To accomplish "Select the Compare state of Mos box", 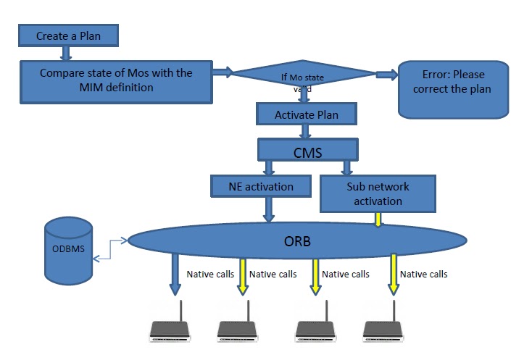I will click(116, 80).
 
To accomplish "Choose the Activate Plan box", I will click(306, 114).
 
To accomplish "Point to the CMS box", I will click(308, 151).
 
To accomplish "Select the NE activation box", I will click(262, 187).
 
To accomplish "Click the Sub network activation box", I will click(378, 193).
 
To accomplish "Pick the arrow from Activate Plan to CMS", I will click(306, 132).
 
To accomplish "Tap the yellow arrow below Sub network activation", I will click(378, 219).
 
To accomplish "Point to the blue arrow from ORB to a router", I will click(175, 274).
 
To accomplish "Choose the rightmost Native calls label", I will click(423, 274).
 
